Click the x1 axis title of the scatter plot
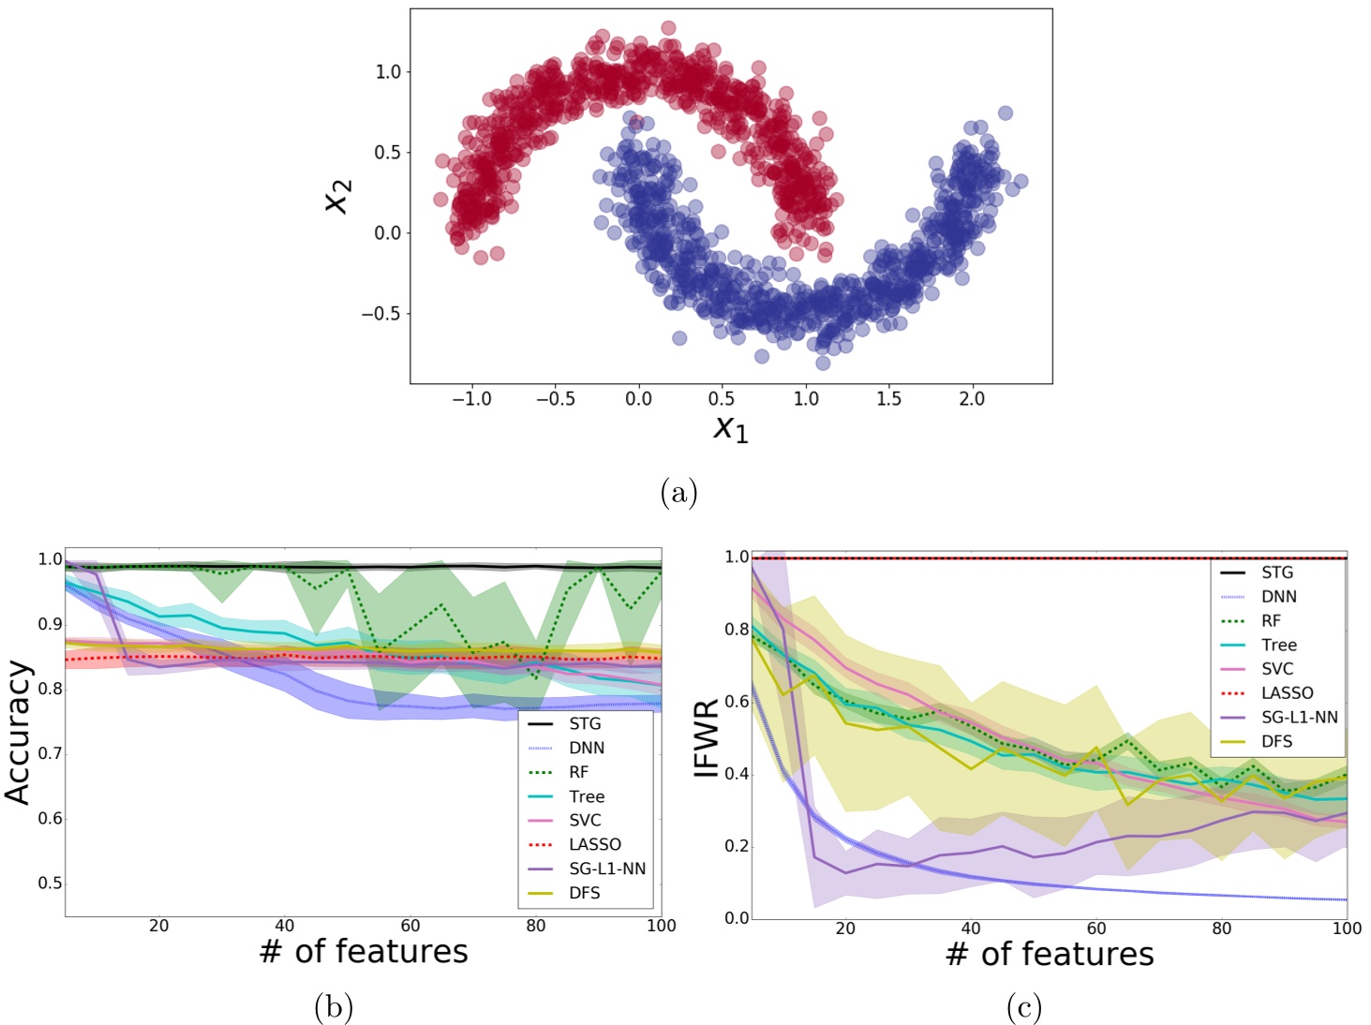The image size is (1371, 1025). point(730,428)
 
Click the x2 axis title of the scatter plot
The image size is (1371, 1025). point(337,196)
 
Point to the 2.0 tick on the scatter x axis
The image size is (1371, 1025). point(972,399)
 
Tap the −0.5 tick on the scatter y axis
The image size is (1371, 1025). point(380,314)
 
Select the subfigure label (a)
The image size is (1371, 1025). point(678,492)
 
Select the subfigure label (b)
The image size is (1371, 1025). point(333,1007)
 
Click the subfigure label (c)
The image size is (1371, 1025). point(1023,1007)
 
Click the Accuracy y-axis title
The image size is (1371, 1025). point(19,733)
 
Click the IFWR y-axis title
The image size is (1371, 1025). point(706,738)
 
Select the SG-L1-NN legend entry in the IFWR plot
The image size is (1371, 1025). point(1299,718)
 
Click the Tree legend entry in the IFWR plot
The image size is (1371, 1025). point(1278,645)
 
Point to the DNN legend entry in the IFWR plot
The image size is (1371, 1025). point(1278,597)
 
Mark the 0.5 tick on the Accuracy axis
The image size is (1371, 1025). point(50,884)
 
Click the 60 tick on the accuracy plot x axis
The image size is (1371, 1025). point(410,927)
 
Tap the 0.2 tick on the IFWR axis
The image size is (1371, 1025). point(737,846)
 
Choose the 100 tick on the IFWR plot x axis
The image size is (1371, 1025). point(1347,928)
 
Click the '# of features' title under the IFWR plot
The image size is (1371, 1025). point(1050,954)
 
